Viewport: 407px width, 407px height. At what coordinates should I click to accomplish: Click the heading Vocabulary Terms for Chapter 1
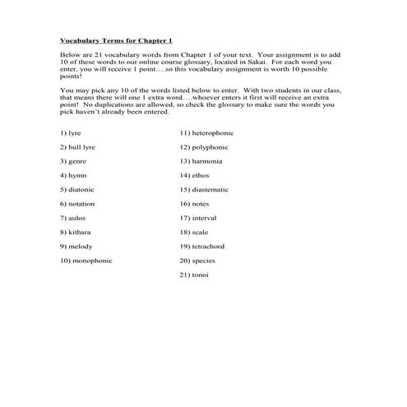(123, 39)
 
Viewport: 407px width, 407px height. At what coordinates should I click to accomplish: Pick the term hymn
(73, 176)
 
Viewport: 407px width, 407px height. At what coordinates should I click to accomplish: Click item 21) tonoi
(194, 275)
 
